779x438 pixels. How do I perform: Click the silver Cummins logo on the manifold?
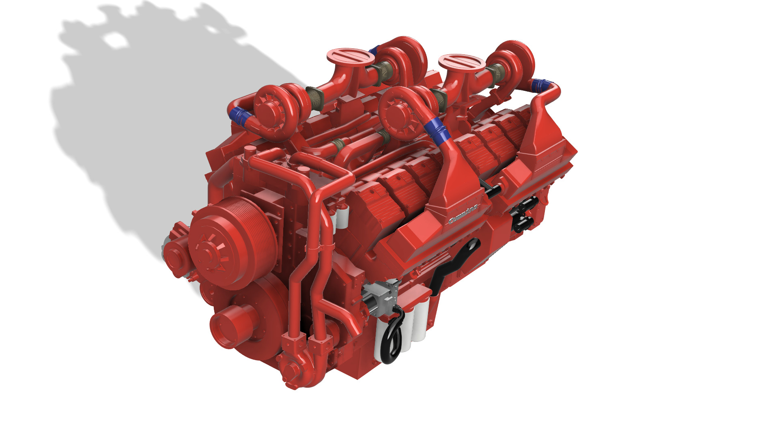pyautogui.click(x=464, y=215)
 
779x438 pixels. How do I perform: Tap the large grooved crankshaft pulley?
pyautogui.click(x=233, y=243)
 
